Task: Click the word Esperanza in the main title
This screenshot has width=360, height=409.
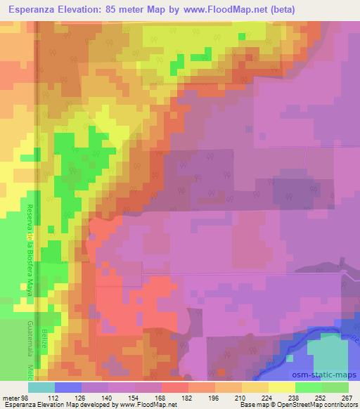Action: coord(36,10)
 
